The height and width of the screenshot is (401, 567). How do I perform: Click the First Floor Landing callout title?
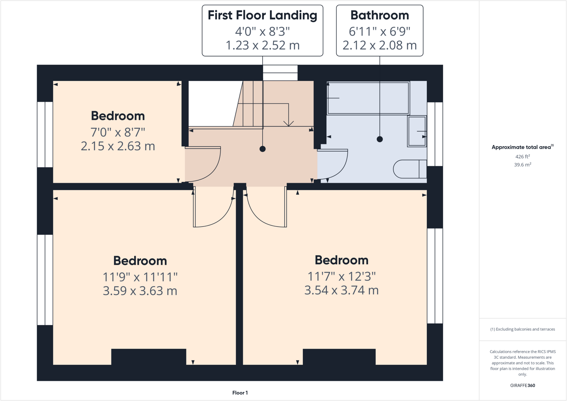pyautogui.click(x=262, y=15)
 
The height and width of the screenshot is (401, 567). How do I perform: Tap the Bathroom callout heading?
pyautogui.click(x=380, y=15)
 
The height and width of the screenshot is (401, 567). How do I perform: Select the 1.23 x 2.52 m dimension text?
pyautogui.click(x=262, y=45)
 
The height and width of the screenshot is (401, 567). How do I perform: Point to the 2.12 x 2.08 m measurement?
pyautogui.click(x=380, y=45)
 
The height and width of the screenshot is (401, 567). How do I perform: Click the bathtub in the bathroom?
pyautogui.click(x=368, y=98)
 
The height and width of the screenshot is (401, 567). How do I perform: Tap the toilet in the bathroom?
pyautogui.click(x=409, y=169)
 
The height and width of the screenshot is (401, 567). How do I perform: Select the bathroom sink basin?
pyautogui.click(x=417, y=131)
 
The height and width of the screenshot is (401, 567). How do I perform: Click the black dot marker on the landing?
pyautogui.click(x=262, y=149)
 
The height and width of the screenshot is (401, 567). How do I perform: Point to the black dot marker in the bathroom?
pyautogui.click(x=380, y=139)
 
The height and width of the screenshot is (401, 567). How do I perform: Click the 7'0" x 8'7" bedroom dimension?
pyautogui.click(x=118, y=132)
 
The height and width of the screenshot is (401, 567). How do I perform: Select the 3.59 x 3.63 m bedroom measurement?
pyautogui.click(x=140, y=291)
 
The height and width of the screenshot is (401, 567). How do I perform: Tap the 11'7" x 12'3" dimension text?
pyautogui.click(x=341, y=276)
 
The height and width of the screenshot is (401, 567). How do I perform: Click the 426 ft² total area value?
pyautogui.click(x=522, y=157)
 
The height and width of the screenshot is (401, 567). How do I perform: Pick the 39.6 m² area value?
pyautogui.click(x=522, y=165)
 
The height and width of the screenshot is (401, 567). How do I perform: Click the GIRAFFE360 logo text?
pyautogui.click(x=522, y=385)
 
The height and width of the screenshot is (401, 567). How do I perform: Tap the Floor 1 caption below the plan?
pyautogui.click(x=240, y=393)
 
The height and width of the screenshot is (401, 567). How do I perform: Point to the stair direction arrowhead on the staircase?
pyautogui.click(x=288, y=124)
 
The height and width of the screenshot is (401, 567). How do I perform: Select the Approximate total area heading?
pyautogui.click(x=522, y=147)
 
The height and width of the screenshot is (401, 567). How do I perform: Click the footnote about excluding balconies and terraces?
pyautogui.click(x=522, y=329)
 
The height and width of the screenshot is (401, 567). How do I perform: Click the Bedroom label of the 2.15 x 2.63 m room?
pyautogui.click(x=118, y=116)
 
